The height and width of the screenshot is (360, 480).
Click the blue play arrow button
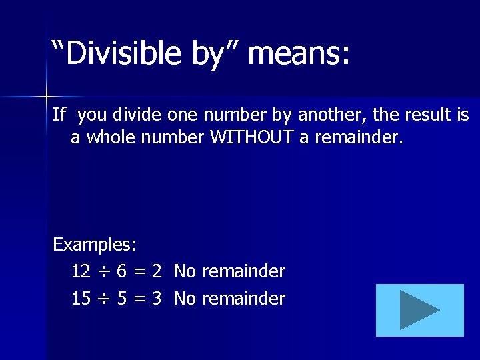click(419, 310)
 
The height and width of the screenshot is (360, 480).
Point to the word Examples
click(95, 245)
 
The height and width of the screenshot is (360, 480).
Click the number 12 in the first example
click(81, 271)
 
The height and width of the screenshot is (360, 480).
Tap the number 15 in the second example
click(81, 299)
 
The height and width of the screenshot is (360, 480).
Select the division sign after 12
click(103, 272)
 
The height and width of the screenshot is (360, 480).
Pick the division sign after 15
click(103, 299)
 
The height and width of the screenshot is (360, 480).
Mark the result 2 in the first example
click(157, 271)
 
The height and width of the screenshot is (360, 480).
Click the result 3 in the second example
click(157, 299)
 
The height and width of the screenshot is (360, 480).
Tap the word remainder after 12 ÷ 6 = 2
click(243, 271)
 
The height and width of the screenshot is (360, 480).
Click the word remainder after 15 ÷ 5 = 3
click(243, 299)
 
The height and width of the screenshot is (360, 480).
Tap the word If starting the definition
click(59, 115)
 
